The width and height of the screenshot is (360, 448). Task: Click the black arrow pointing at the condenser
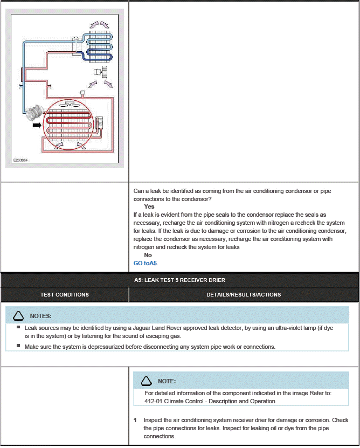point(37,125)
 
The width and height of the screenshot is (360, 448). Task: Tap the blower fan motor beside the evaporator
point(100,71)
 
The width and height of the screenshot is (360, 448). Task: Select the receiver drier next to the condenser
point(99,123)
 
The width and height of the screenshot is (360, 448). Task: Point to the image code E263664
point(21,160)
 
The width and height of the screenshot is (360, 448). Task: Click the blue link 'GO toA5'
point(146,263)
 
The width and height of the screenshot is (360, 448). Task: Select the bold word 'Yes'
point(149,206)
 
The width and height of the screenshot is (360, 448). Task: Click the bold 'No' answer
point(148,255)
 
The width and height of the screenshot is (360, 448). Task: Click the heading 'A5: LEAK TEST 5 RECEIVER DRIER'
point(179,280)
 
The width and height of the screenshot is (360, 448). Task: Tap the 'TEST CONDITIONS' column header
point(65,295)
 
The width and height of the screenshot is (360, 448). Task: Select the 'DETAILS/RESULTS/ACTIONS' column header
point(244,295)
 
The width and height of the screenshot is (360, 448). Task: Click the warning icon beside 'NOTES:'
point(18,316)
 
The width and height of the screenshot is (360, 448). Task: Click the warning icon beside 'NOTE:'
point(146,381)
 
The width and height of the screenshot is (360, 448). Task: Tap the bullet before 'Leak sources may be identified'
point(18,327)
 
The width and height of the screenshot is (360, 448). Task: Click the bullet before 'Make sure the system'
point(18,346)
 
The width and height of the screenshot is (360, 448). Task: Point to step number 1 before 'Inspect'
point(135,420)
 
